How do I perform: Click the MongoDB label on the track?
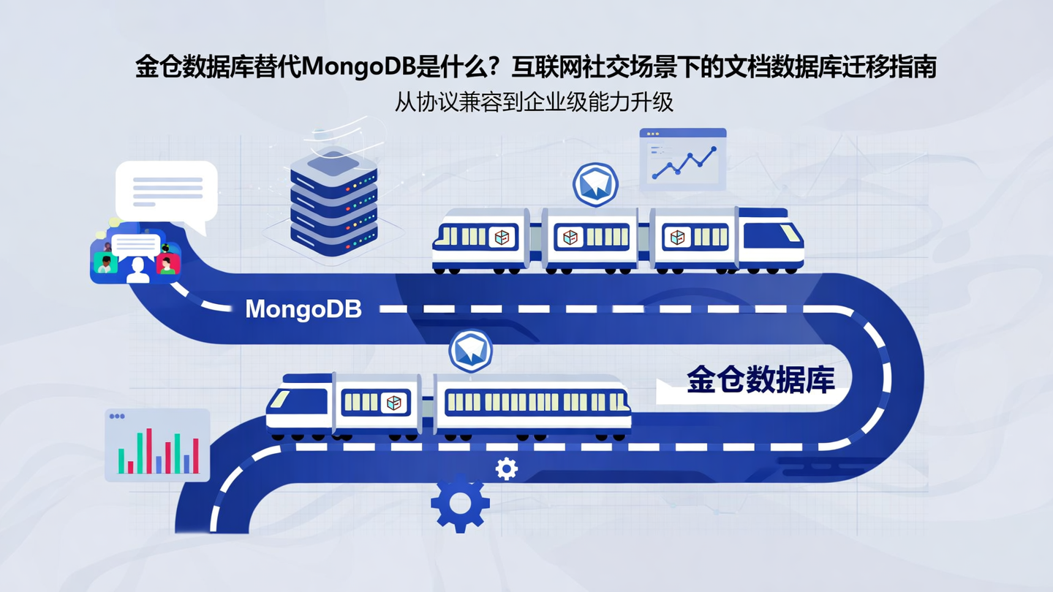[303, 309]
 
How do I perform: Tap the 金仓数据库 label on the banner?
[760, 379]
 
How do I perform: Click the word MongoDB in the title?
[358, 68]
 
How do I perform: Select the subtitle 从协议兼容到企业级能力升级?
[533, 102]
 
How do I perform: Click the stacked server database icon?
[333, 201]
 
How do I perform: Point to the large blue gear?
[459, 503]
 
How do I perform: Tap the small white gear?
[506, 468]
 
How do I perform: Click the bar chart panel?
[157, 444]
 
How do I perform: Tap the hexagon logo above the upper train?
[595, 184]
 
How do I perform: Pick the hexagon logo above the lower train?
[471, 351]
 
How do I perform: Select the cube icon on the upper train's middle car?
[570, 237]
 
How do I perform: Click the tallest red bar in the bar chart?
[148, 450]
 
